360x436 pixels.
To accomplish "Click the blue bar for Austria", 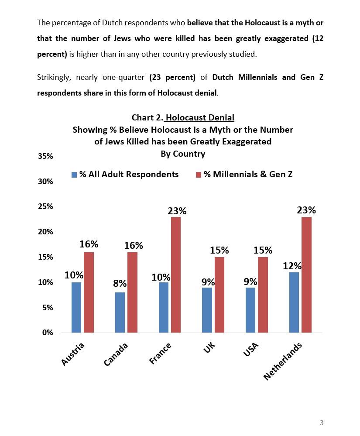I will click(76, 307).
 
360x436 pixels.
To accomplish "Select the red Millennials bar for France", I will click(175, 275).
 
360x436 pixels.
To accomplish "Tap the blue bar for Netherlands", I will click(294, 302).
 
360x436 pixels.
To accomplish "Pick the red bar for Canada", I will click(132, 292).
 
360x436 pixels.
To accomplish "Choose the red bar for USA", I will click(263, 295).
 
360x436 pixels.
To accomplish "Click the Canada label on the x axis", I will click(116, 354).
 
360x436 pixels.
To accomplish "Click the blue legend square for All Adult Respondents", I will click(74, 175).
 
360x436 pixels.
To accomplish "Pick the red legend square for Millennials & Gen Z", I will click(198, 175).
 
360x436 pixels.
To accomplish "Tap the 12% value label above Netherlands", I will click(292, 266).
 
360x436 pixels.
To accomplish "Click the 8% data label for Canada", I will click(120, 283).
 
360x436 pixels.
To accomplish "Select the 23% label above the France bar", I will click(177, 211).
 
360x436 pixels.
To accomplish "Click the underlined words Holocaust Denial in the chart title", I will click(200, 117).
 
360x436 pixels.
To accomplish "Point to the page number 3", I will click(322, 422).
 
